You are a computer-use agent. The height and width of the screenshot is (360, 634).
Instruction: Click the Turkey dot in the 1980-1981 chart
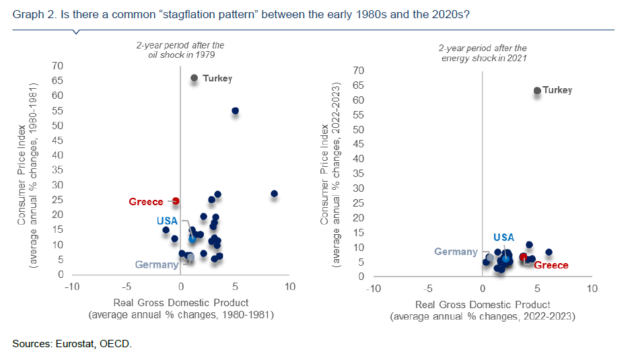195,78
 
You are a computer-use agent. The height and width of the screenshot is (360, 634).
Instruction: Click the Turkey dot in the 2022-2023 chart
537,91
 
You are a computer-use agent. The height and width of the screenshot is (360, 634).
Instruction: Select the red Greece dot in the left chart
176,201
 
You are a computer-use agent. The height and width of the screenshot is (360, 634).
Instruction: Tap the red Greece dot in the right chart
524,257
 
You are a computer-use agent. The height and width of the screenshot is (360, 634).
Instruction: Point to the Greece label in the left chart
146,202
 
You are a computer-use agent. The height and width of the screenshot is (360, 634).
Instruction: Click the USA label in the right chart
503,237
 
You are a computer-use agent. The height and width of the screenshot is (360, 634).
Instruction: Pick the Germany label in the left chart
157,264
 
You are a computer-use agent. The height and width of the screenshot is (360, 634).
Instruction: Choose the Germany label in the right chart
456,252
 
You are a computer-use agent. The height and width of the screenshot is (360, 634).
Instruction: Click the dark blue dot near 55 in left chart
235,110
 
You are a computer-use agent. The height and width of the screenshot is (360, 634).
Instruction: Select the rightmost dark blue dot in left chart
274,194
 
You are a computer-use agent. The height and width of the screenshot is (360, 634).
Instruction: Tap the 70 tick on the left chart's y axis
59,66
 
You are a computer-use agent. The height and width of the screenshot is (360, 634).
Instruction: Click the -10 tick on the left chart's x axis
71,287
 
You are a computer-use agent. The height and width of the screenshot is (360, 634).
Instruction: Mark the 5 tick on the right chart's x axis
536,289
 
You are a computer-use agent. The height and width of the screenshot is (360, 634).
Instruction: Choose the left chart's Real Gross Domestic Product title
181,303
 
